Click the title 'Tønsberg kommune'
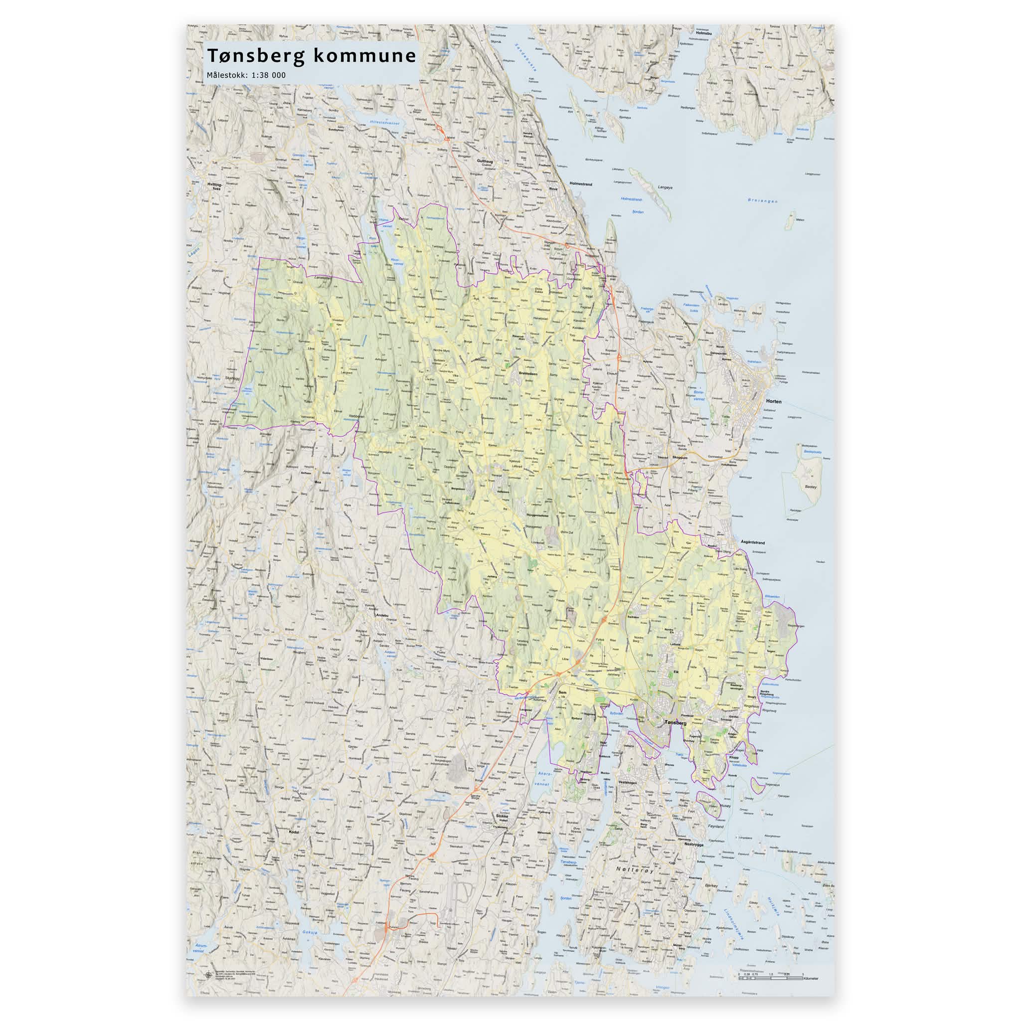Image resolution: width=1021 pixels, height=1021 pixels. [x=311, y=55]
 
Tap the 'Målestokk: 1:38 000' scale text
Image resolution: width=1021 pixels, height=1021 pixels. [x=246, y=75]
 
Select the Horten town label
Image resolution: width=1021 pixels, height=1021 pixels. [x=773, y=402]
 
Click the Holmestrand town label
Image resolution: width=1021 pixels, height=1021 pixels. [x=581, y=184]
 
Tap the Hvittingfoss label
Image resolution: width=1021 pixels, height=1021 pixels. [x=214, y=186]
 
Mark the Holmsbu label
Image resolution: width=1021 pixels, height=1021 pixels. [x=704, y=33]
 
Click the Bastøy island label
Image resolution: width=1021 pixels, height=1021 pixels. [x=810, y=490]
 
